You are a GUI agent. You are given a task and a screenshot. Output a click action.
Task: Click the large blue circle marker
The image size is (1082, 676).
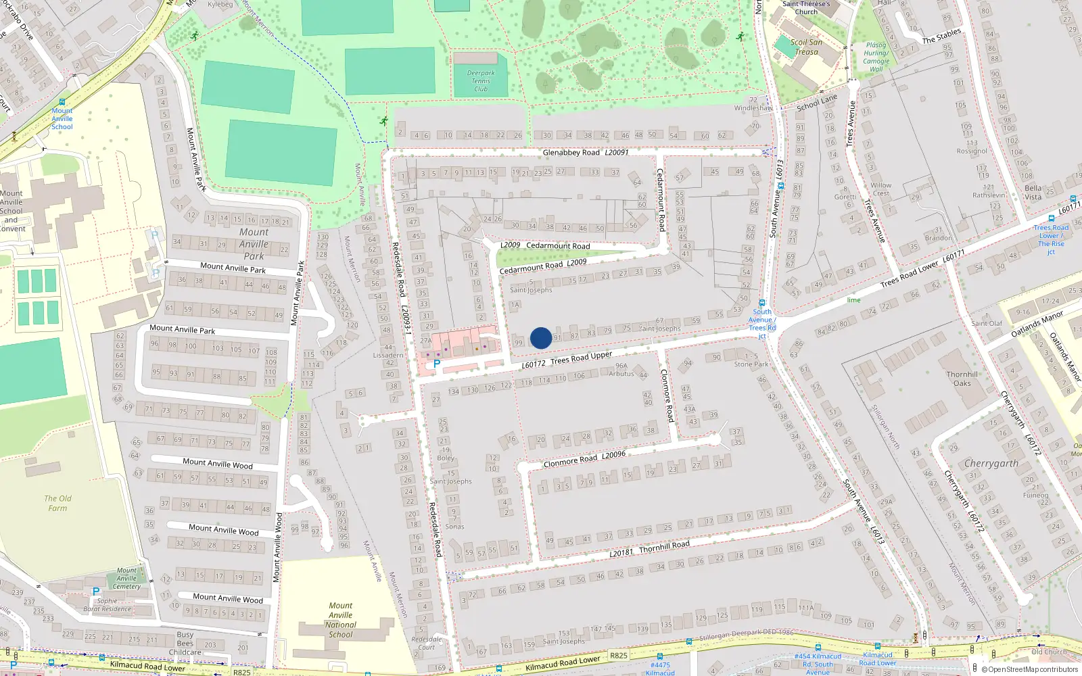[x=541, y=338]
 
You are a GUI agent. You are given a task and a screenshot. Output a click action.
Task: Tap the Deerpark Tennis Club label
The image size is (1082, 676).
[x=481, y=81]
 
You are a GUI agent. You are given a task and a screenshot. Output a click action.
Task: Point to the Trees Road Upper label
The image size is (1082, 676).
[x=581, y=358]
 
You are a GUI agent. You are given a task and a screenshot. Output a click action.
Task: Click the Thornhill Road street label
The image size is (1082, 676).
[x=663, y=546]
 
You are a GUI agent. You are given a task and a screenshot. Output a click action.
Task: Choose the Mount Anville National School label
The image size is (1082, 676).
[x=341, y=620]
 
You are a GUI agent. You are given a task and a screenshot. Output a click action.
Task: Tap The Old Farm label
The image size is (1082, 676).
[x=57, y=503]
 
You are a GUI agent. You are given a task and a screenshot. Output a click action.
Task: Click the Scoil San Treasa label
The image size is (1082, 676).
[x=806, y=47]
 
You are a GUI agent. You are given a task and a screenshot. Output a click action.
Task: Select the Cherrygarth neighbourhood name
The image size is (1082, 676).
[x=991, y=464]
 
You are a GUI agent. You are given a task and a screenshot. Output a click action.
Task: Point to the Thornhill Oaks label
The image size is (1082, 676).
[x=962, y=379]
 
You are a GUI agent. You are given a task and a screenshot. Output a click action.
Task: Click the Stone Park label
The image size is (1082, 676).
[x=751, y=364]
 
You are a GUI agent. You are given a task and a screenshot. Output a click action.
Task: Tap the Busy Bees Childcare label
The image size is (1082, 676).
[x=185, y=644]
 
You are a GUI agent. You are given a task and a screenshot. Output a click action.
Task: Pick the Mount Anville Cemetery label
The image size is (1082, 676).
[x=126, y=578]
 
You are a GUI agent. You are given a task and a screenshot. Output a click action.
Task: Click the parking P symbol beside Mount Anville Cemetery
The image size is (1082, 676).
[x=96, y=591]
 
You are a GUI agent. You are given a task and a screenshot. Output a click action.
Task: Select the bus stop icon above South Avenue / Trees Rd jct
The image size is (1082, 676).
[x=762, y=303]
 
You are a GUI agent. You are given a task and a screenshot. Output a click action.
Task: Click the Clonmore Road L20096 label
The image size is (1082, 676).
[x=584, y=459]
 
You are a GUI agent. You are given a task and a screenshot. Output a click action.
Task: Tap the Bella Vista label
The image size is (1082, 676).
[x=1033, y=193]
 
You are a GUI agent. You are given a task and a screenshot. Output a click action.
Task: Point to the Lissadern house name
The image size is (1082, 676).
[x=388, y=355]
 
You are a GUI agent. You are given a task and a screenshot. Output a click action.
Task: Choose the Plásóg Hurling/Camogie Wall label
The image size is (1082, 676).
[x=876, y=57]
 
